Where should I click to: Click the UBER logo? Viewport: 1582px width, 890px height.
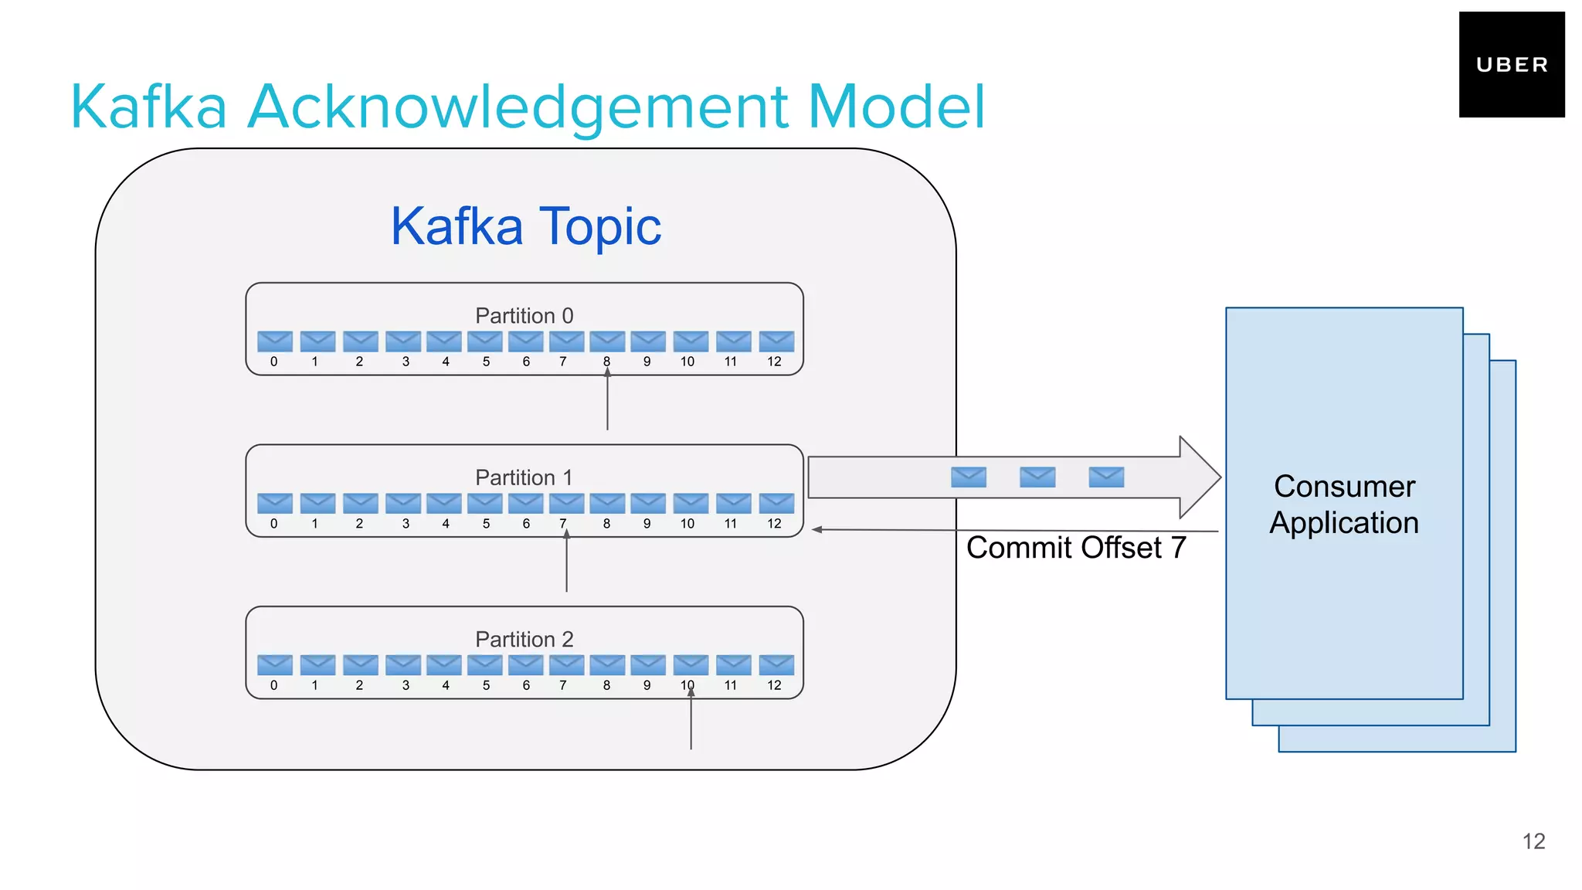[1511, 65]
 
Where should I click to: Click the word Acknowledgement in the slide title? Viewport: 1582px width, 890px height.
[517, 107]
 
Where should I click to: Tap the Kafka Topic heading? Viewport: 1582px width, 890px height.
[525, 226]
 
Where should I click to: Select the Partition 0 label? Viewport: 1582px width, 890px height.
[524, 315]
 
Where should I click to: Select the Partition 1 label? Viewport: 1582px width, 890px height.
[524, 477]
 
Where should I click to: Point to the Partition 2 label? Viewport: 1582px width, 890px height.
[524, 639]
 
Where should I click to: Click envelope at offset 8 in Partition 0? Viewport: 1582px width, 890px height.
[607, 341]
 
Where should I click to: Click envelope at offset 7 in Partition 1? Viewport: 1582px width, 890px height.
[566, 503]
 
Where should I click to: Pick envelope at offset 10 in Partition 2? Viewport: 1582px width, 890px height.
[691, 664]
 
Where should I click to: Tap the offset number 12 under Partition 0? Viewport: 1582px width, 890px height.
[774, 362]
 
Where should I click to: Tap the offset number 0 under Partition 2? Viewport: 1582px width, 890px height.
[273, 685]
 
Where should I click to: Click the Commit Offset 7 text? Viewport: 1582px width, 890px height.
[1075, 548]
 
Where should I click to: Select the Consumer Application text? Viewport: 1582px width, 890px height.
[1344, 504]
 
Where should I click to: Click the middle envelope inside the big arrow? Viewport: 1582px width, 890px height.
[1037, 477]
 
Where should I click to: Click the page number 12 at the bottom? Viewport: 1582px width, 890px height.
[1533, 841]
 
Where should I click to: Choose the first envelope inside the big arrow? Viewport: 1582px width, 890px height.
[969, 477]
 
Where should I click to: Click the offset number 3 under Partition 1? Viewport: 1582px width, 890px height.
[406, 524]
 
